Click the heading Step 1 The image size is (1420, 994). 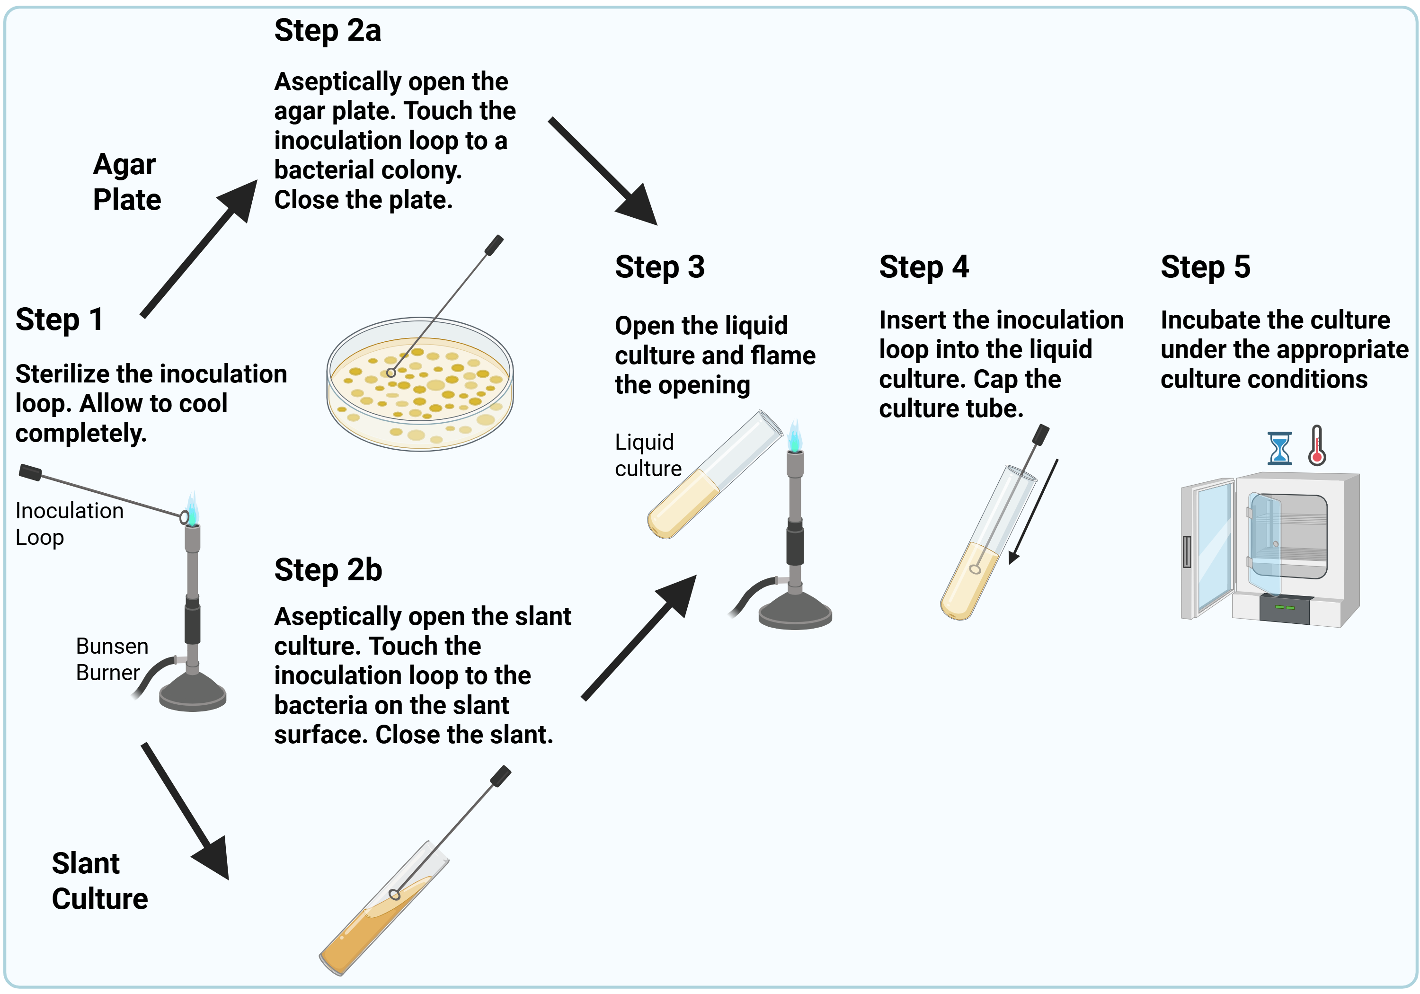(x=59, y=320)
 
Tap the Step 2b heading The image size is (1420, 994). (x=328, y=570)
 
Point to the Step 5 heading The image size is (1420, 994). (x=1205, y=267)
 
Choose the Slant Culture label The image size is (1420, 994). (x=99, y=881)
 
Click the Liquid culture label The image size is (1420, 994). (x=648, y=455)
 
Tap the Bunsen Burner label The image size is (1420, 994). (x=111, y=659)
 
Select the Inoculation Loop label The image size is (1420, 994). (x=69, y=524)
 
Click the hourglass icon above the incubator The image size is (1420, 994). (x=1279, y=448)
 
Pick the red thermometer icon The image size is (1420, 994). (x=1317, y=446)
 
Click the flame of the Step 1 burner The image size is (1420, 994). (x=193, y=510)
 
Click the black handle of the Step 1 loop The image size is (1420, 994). (x=30, y=472)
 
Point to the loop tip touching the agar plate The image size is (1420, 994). (x=391, y=373)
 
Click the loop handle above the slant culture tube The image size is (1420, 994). (x=500, y=776)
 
